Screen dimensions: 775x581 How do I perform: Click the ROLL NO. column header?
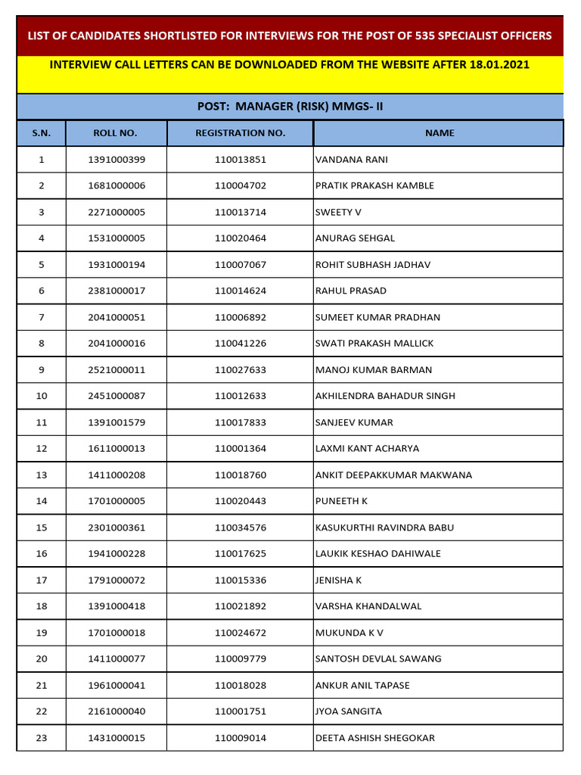pyautogui.click(x=115, y=133)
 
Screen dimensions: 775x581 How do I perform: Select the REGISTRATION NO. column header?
pyautogui.click(x=240, y=133)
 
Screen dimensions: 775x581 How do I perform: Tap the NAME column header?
pyautogui.click(x=439, y=133)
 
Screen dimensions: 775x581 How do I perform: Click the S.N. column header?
pyautogui.click(x=41, y=133)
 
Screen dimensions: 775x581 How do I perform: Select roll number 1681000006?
pyautogui.click(x=116, y=185)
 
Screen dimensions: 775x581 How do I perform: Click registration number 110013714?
pyautogui.click(x=240, y=212)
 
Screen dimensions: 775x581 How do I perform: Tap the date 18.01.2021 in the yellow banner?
pyautogui.click(x=492, y=64)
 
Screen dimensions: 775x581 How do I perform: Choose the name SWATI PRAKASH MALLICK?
pyautogui.click(x=374, y=344)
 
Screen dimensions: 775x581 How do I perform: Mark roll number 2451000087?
pyautogui.click(x=116, y=396)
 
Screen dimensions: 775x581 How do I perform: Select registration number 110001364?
pyautogui.click(x=240, y=449)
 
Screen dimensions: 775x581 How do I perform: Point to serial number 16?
pyautogui.click(x=41, y=554)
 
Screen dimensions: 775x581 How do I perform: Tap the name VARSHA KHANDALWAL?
pyautogui.click(x=368, y=606)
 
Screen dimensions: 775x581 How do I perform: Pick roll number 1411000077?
pyautogui.click(x=116, y=659)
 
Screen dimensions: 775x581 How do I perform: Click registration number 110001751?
pyautogui.click(x=240, y=711)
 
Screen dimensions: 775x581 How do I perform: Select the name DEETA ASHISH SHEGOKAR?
pyautogui.click(x=375, y=738)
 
